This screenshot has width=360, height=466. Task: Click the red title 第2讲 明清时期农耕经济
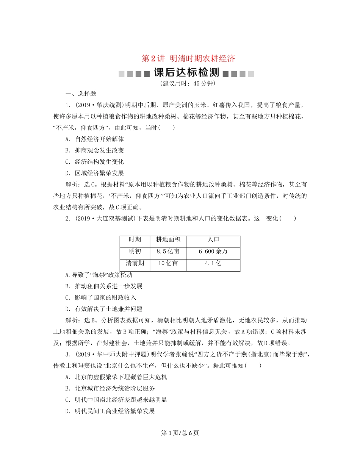(x=188, y=59)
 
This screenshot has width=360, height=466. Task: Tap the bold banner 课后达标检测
(x=186, y=73)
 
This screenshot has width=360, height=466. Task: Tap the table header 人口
(x=214, y=240)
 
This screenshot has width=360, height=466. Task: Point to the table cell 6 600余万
(x=213, y=252)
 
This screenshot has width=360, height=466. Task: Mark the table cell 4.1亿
(x=213, y=263)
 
